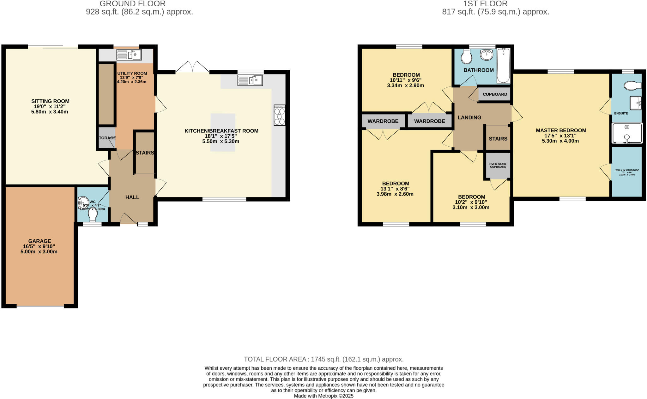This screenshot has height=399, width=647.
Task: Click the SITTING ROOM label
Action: pos(50,101)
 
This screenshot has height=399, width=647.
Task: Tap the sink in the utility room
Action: pos(129,55)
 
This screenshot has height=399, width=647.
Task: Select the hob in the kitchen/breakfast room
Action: pos(280,115)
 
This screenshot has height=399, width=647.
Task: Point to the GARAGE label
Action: pos(39,241)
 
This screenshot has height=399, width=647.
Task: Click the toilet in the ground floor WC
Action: pos(93,214)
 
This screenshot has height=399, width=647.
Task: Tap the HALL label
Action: pos(132,197)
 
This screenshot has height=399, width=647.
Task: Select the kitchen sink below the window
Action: pos(250,80)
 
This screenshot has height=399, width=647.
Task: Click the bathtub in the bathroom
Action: pos(503,66)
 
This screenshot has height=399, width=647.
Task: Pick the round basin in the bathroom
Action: pos(487,55)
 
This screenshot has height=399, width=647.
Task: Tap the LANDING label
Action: pos(469,117)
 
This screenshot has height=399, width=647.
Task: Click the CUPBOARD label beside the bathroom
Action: pos(495,94)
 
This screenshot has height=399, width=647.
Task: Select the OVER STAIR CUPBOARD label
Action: pos(498,165)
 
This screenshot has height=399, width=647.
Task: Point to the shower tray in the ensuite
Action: pos(627,133)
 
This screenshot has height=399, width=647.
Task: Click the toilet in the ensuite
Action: pos(632,85)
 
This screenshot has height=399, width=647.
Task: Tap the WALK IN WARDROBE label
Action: pos(627,170)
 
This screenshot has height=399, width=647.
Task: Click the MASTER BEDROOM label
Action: pos(561,130)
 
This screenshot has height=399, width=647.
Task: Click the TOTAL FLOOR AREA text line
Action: pos(323,359)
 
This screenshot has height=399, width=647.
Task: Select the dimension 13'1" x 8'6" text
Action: pos(395,189)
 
